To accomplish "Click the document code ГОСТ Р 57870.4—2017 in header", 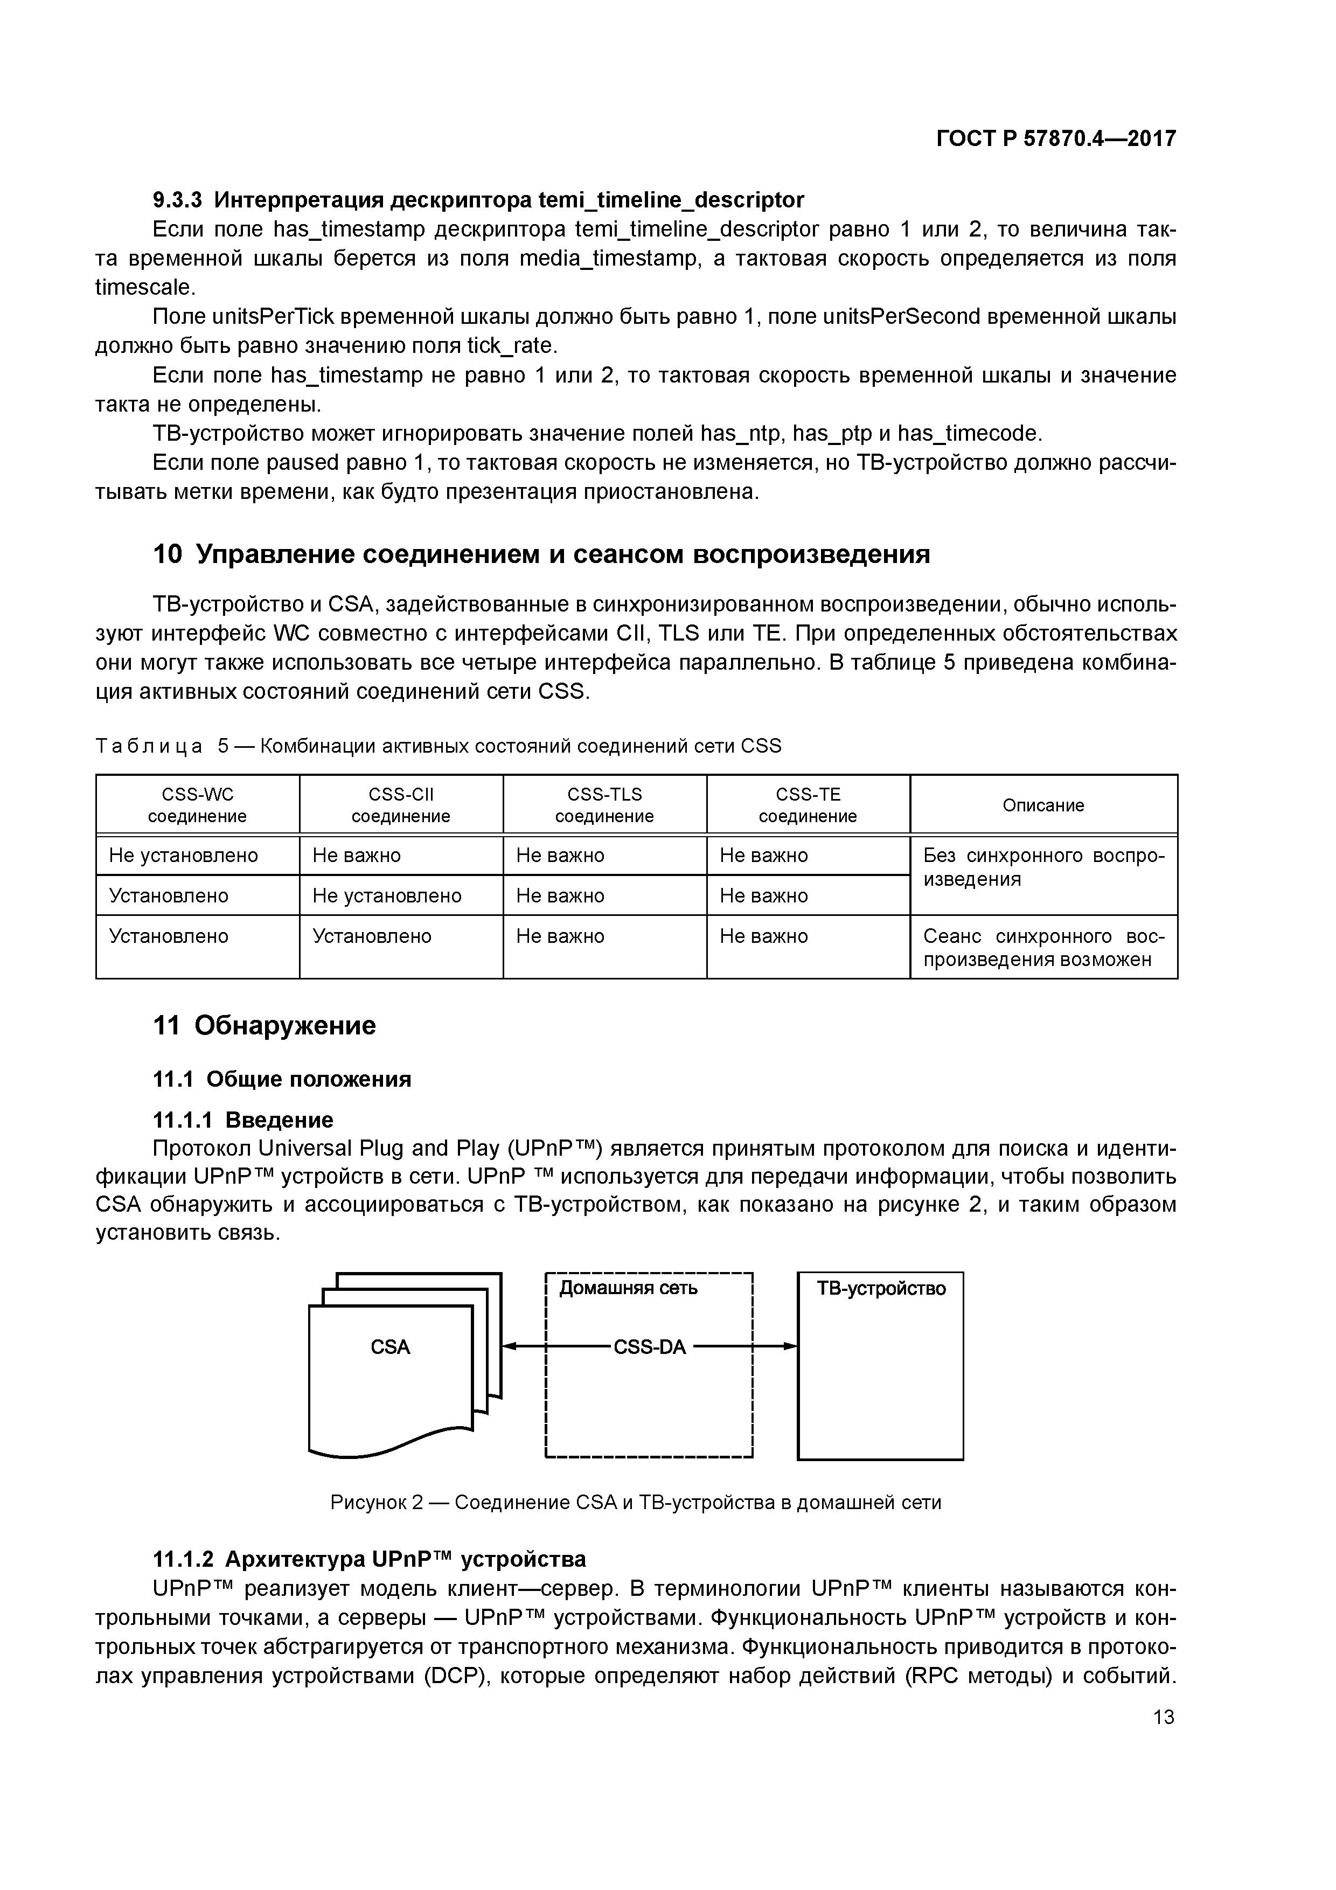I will pos(1056,138).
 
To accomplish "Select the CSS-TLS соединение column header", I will pos(604,805).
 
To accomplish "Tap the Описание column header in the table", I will pos(1043,805).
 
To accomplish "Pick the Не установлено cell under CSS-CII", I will pos(387,895).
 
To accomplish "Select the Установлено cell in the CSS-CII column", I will pos(372,936).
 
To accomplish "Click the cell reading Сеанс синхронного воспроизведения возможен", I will pos(1043,948).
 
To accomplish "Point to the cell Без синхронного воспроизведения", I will pos(1043,867).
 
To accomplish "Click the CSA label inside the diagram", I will pos(390,1347).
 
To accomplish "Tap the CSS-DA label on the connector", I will pos(650,1347).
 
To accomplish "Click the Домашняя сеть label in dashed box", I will pos(628,1288).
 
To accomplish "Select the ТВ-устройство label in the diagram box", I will pos(881,1288).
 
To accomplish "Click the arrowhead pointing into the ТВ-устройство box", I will pos(790,1347).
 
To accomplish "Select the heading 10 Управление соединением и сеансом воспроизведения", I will pos(541,554).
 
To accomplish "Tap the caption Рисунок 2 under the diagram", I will pos(636,1502).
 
